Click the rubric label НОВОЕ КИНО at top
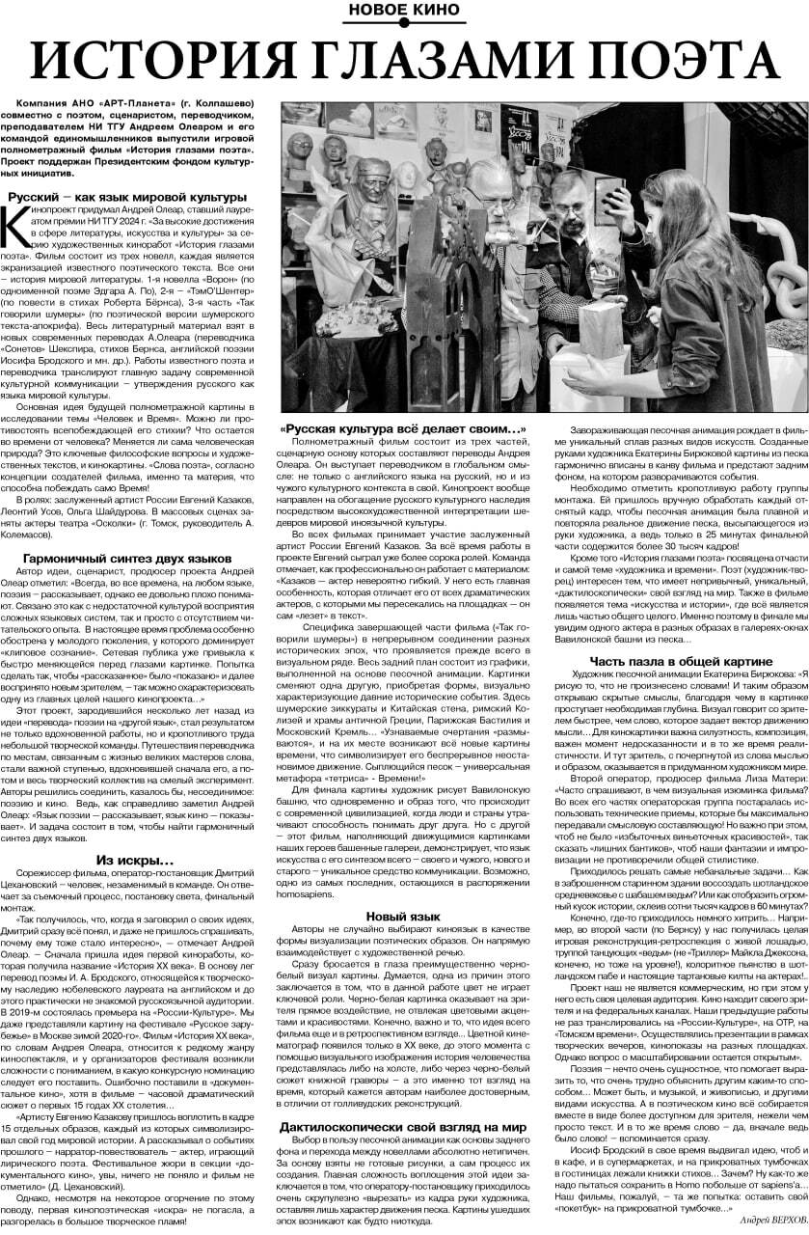point(404,13)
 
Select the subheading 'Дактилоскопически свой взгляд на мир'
point(403,1100)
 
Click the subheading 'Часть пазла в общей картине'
point(682,661)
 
